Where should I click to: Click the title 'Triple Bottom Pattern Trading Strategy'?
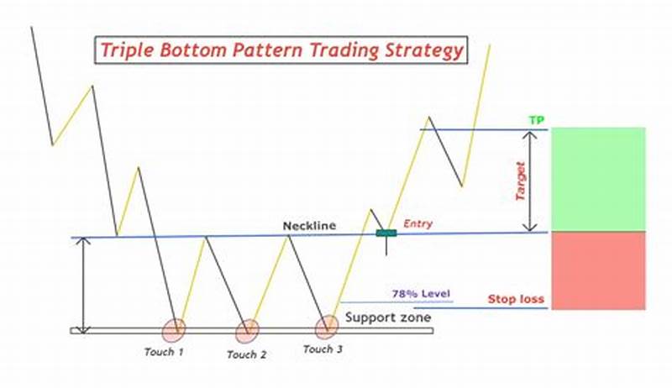point(281,50)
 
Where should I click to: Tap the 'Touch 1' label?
point(164,352)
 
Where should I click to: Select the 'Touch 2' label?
point(247,355)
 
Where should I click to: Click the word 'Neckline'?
point(308,226)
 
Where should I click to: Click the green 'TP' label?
point(536,120)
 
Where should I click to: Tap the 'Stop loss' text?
point(516,299)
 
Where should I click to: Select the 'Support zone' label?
point(388,317)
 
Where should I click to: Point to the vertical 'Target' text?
point(520,180)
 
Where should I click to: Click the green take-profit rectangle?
point(598,179)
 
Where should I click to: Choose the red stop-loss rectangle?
point(598,270)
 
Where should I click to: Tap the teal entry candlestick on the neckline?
point(386,233)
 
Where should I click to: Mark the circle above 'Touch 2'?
point(247,331)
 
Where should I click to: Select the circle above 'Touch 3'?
point(327,328)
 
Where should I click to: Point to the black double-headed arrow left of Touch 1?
point(82,285)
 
